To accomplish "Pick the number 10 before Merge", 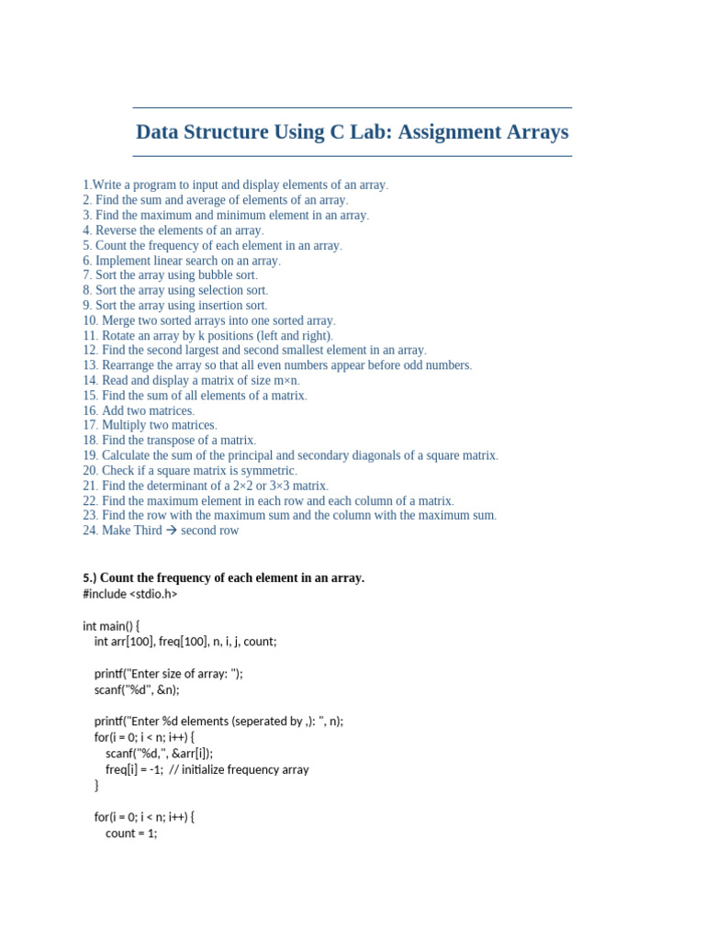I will point(90,320).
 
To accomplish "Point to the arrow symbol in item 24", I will point(172,531).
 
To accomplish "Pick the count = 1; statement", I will point(131,834).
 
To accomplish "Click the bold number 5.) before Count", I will point(89,578).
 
